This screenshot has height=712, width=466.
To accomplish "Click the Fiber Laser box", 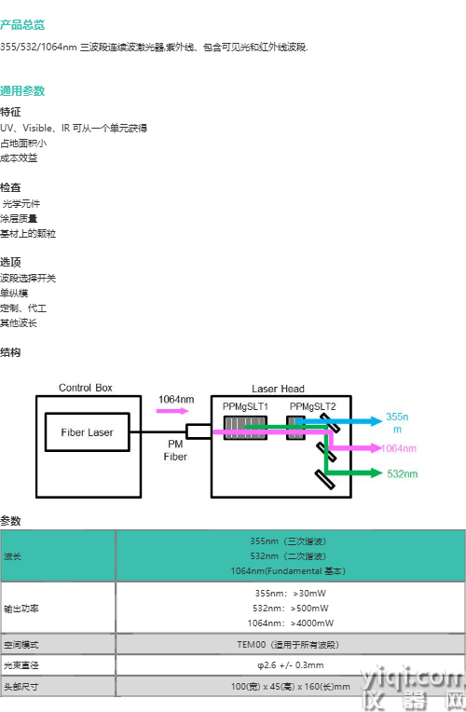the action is [x=88, y=431].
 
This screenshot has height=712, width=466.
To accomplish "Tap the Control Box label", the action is [x=86, y=388].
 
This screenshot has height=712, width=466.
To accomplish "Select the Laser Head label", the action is [x=278, y=389].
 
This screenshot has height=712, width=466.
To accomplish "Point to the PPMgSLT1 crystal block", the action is [x=245, y=428].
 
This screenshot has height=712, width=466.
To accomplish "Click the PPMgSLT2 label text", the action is [x=312, y=406].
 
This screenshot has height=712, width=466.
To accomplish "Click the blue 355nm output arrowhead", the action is [x=377, y=421].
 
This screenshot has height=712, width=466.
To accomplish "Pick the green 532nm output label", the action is [x=403, y=473].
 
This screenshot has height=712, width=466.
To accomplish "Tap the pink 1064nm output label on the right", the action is [x=399, y=448].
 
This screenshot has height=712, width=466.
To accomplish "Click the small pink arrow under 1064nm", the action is [x=172, y=411].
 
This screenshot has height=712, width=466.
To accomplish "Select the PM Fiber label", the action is [x=175, y=450].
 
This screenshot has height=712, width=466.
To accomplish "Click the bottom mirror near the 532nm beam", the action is [x=324, y=480].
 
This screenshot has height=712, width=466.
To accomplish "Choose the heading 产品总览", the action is [x=22, y=24].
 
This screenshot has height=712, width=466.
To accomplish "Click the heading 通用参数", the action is [x=22, y=90].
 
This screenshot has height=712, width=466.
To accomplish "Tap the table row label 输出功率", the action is [x=21, y=609].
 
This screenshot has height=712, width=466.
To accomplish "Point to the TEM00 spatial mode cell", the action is [x=288, y=644].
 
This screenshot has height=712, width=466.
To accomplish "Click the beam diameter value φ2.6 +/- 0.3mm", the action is [x=291, y=665].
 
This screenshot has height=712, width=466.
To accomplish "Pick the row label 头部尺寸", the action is [x=21, y=687].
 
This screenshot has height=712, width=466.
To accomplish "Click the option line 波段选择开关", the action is [x=28, y=278].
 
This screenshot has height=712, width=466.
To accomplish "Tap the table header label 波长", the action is [x=12, y=556].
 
